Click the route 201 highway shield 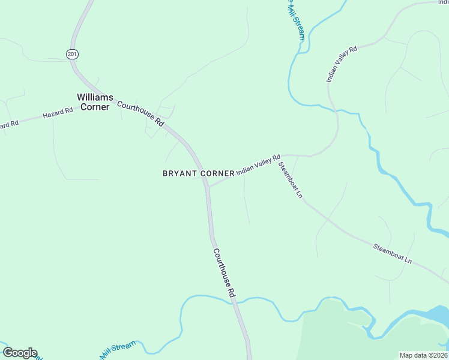tap(72, 54)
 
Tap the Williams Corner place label tap(93, 102)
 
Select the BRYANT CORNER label tap(199, 173)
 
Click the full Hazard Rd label tap(57, 112)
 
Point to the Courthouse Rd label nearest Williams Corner tap(140, 113)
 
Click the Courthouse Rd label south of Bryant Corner tap(223, 274)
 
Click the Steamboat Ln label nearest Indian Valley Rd tap(291, 179)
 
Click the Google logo tap(20, 353)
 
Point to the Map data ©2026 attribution tap(423, 355)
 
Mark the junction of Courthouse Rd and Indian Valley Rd tap(208, 186)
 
